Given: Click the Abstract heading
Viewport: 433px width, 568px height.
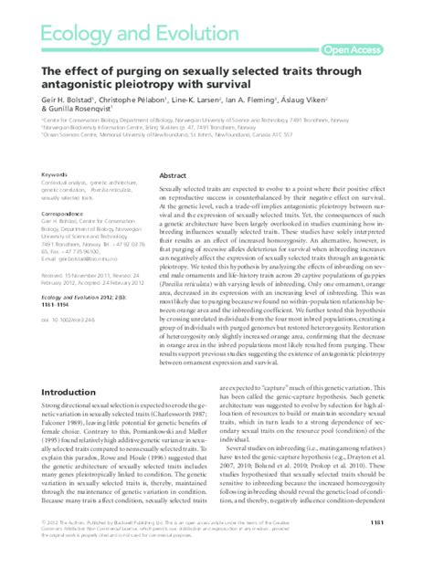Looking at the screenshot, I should pos(173,174).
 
